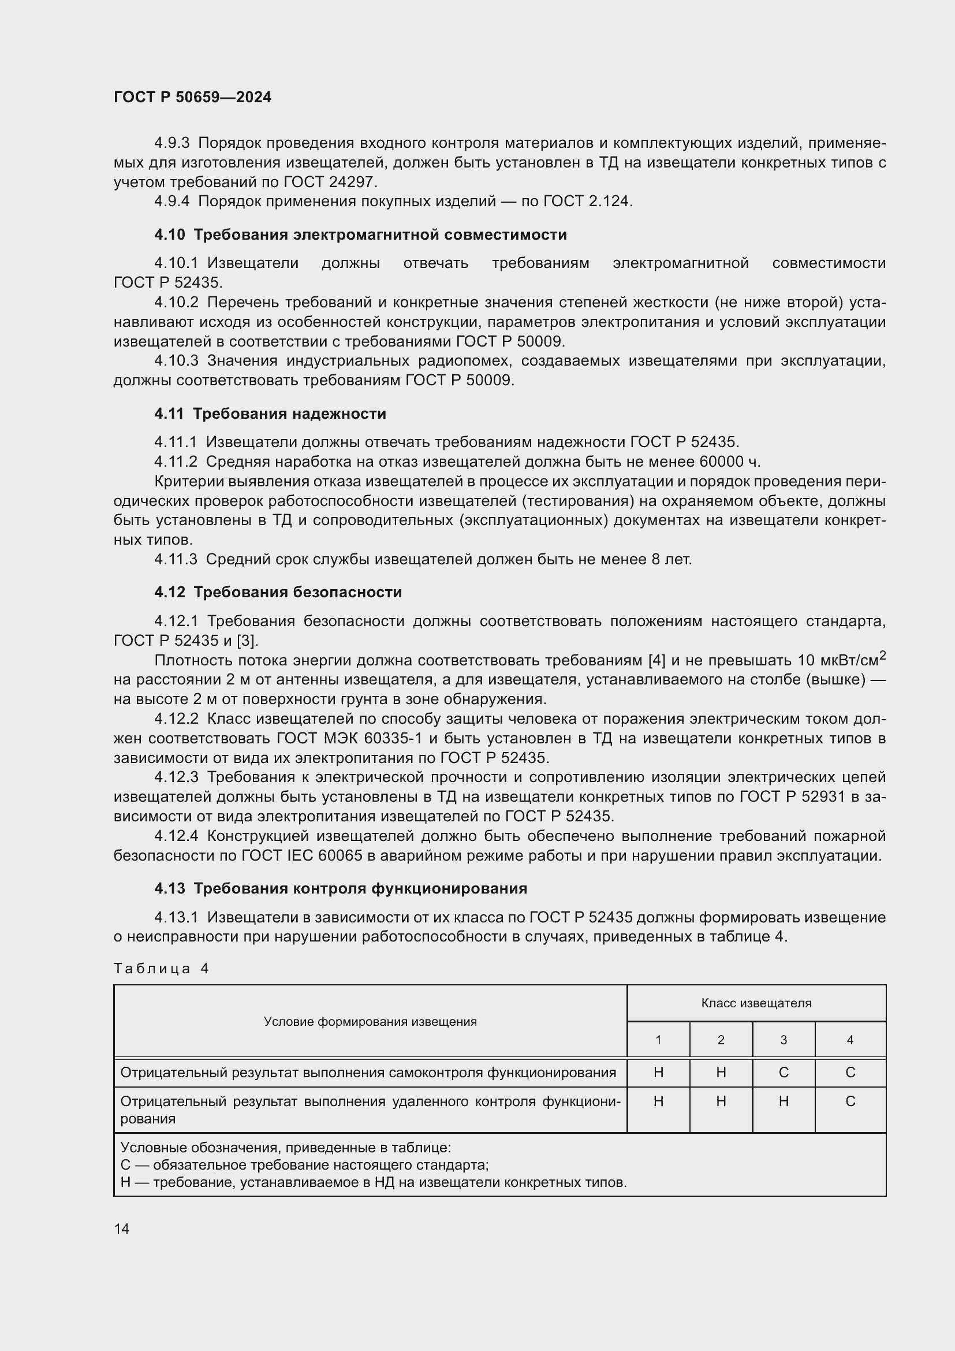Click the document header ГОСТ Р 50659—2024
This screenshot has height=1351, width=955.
[192, 97]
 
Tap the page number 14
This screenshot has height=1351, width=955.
[122, 1229]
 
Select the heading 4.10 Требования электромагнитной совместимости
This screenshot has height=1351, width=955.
[360, 235]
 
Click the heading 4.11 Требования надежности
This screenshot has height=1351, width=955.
[270, 414]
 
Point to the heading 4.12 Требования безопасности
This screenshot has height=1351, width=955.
[278, 592]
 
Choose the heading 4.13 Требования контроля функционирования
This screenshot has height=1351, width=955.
[341, 888]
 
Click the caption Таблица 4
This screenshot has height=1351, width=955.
[161, 969]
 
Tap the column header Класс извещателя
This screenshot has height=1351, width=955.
[756, 1003]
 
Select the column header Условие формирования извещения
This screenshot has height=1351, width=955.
[370, 1022]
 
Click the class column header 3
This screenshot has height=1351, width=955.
[784, 1040]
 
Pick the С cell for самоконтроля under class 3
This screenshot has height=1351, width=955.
[784, 1073]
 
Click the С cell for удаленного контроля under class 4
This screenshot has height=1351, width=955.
[850, 1101]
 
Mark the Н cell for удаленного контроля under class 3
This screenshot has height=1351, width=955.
[784, 1101]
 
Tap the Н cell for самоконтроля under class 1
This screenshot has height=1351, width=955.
[658, 1073]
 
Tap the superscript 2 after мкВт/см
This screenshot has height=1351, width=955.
[882, 655]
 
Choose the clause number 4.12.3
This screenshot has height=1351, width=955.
[177, 778]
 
